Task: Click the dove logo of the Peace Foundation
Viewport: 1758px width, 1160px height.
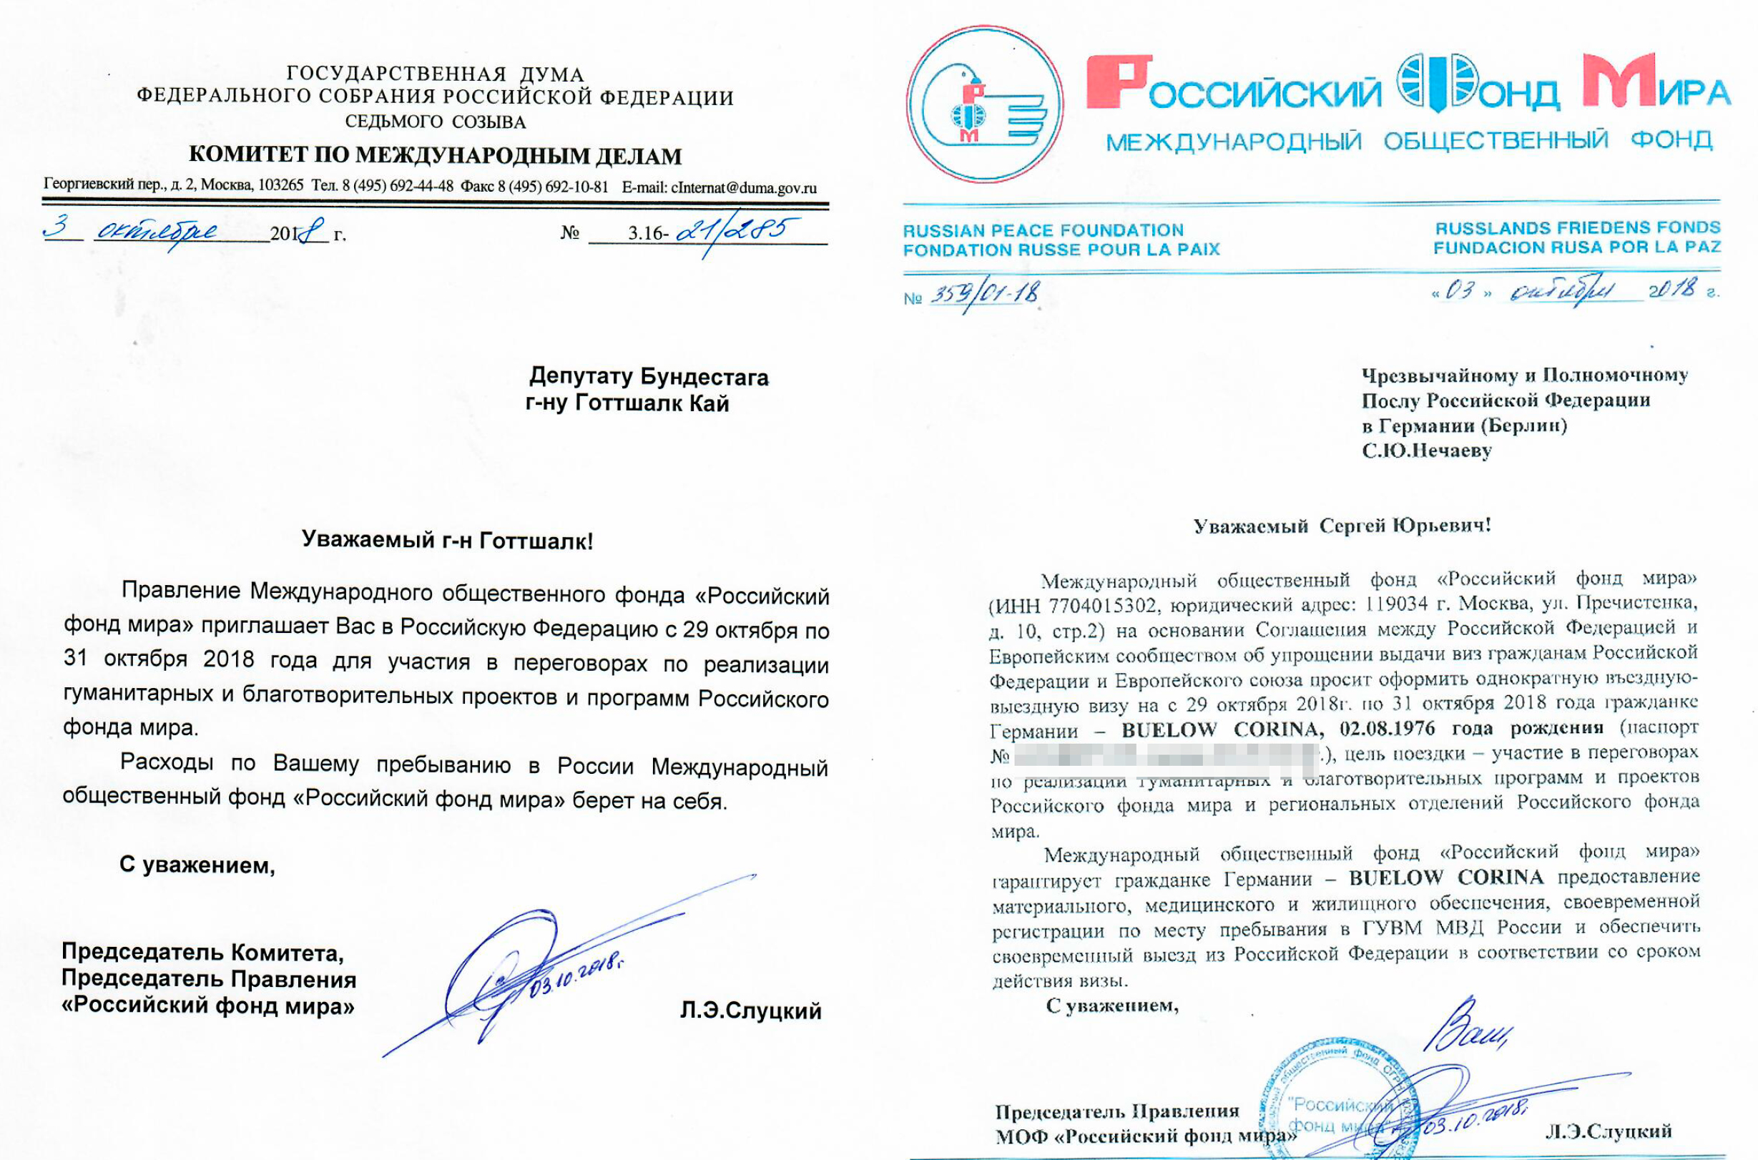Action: pos(984,104)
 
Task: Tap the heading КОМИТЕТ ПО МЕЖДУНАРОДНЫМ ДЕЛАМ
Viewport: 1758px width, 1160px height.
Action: pos(435,156)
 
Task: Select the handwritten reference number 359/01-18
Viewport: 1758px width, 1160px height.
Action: pos(984,294)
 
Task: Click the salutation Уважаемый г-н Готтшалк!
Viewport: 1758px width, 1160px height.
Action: pos(447,541)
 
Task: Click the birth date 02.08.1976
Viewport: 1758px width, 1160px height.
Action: pos(1387,729)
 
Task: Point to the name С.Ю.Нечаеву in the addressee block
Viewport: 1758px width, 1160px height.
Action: pos(1426,451)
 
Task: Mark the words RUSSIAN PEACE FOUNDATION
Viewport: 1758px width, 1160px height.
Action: pos(1043,230)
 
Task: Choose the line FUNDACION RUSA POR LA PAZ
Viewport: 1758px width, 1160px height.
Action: pos(1577,247)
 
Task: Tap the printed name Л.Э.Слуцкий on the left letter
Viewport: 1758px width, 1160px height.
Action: pos(750,1010)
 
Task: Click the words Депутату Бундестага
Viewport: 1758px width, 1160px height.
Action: pos(648,377)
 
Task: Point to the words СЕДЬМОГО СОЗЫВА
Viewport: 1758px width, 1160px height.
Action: pos(435,122)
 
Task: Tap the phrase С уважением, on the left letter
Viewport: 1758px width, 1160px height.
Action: pos(197,864)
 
